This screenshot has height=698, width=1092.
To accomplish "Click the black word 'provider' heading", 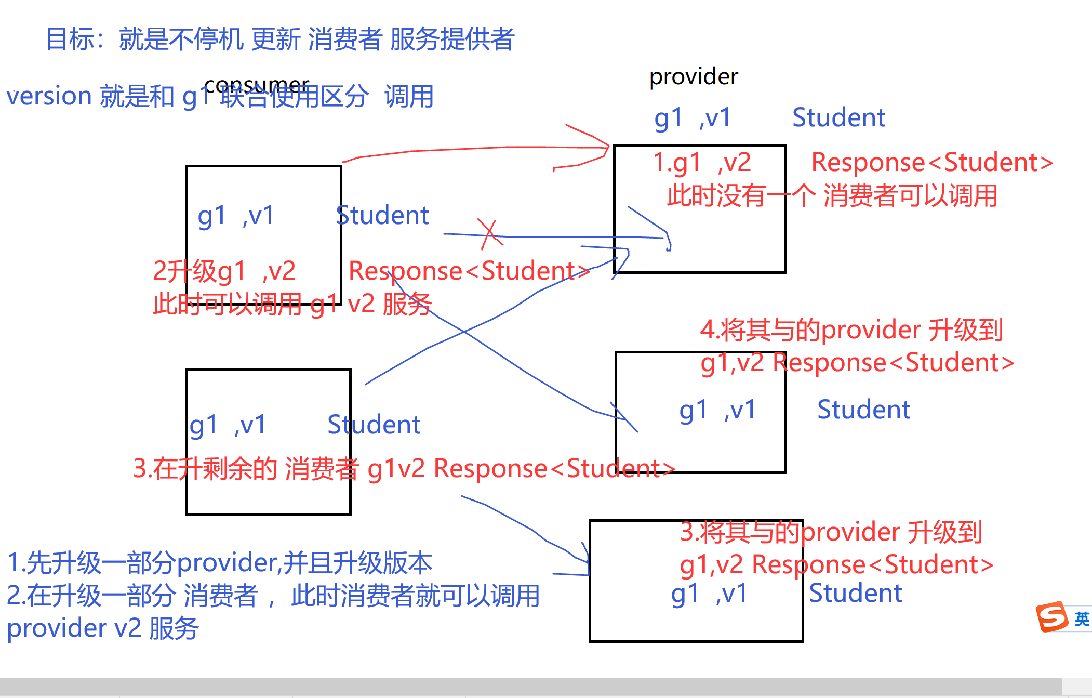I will coord(694,77).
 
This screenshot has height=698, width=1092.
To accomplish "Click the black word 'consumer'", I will coord(257,84).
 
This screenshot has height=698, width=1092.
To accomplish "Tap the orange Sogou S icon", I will coord(1051,617).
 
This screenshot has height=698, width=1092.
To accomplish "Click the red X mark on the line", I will coord(489,234).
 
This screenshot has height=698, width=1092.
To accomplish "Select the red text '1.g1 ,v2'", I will coord(701,162).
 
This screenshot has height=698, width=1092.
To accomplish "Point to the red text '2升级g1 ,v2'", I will coord(224,271).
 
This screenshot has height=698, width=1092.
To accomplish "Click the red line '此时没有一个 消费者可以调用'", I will coord(832,196).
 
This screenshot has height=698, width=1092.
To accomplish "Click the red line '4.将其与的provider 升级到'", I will coord(851,330).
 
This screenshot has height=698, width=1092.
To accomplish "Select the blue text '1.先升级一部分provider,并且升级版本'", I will coord(219,563).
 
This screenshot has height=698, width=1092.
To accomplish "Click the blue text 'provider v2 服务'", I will coord(102,628).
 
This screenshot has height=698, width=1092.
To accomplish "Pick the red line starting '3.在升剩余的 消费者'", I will coord(404,468).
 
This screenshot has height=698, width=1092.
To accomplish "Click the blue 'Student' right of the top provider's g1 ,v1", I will coord(838,117).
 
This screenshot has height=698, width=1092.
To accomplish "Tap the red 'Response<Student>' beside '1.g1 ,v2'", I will coord(932,162).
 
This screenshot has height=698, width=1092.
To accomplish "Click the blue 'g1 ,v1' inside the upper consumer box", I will coord(236,216).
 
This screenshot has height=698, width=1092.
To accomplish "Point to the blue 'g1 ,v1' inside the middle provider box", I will coord(717,410).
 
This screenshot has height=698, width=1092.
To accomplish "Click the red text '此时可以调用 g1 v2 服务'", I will coord(292,304).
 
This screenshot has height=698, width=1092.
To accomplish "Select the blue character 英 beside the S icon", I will coord(1082,618).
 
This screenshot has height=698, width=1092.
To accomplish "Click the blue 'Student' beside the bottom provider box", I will coord(855,594).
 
